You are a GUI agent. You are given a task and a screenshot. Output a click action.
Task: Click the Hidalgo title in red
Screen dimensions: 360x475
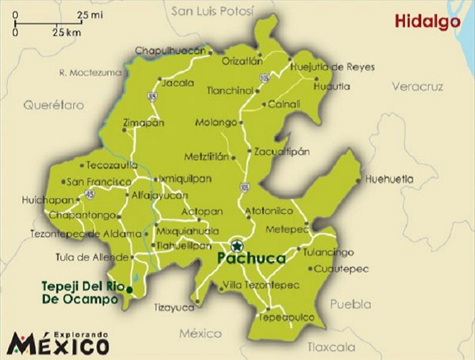(427, 22)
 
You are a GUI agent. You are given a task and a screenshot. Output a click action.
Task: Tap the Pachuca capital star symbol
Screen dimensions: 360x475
(235, 246)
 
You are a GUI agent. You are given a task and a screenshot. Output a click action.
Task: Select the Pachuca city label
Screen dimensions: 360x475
(252, 259)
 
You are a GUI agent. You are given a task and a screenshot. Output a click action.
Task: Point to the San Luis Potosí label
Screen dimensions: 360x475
(212, 11)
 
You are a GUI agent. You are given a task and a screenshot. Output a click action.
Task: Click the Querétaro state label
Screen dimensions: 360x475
(54, 105)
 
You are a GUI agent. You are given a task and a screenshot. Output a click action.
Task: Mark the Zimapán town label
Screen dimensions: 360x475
(144, 123)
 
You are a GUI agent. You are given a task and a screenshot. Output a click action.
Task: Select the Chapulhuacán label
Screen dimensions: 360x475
(170, 50)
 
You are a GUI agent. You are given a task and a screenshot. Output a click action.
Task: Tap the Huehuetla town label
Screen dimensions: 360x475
(389, 179)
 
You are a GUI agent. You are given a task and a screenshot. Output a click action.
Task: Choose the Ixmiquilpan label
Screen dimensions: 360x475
(185, 179)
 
